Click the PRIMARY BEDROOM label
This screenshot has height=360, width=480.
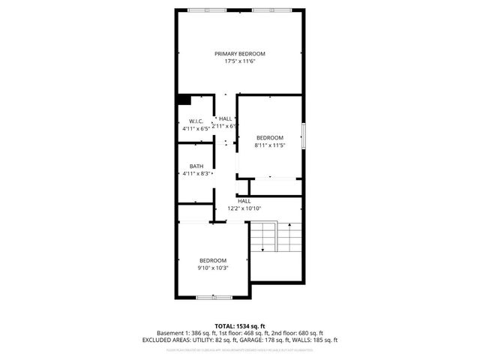coord(240,54)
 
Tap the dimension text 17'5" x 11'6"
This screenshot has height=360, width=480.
coord(240,61)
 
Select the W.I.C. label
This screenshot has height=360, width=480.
coord(196,121)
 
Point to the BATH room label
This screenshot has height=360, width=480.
coord(196,166)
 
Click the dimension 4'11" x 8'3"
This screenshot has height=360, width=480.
coord(196,174)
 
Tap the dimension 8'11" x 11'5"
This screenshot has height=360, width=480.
coord(270,145)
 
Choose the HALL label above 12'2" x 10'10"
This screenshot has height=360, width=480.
coord(244,201)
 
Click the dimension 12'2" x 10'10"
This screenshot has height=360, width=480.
coord(244,208)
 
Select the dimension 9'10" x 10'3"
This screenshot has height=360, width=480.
coord(212,268)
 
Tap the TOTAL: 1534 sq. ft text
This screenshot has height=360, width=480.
coord(240,325)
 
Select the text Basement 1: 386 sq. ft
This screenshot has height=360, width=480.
coord(184,333)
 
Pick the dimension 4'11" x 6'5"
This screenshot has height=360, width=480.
coord(196,129)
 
